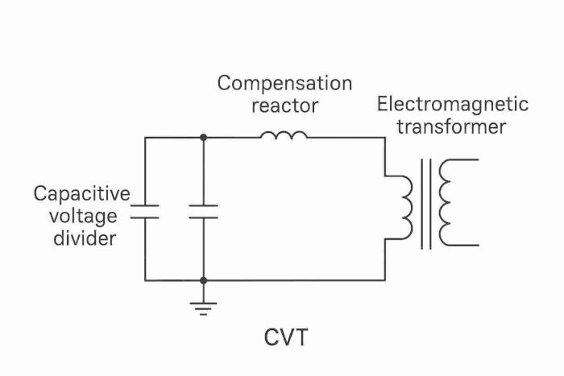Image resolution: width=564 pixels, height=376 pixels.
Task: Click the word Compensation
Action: coord(284,84)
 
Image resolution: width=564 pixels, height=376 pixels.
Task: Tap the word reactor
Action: coord(284,105)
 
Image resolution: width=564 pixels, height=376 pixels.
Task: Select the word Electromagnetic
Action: coord(452,105)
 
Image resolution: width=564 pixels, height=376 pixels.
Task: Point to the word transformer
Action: coord(452,126)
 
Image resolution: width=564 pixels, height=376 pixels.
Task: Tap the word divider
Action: coord(82,238)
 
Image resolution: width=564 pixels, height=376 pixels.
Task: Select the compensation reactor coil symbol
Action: coord(284,134)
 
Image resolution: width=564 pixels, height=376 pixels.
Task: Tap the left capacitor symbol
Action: coord(145,212)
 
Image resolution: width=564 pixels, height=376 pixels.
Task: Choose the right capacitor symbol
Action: coord(203,212)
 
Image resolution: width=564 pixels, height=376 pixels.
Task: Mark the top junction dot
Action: coord(203,138)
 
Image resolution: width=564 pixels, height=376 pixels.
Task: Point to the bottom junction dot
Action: coord(203,280)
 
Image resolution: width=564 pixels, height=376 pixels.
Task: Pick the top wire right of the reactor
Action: coord(346,138)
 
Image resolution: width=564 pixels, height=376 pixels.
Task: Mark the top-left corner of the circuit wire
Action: coord(145,138)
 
